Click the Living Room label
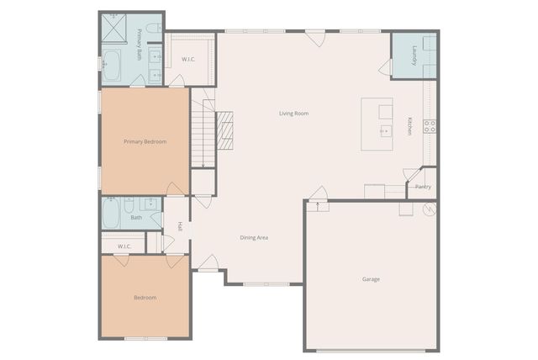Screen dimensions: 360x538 294,113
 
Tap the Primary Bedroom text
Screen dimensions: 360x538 145,141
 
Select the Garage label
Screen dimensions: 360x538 371,279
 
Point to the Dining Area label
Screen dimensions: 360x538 254,238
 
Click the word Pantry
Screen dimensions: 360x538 423,187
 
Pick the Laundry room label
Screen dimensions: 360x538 414,56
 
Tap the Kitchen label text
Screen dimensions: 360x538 409,125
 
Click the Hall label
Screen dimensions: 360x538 180,226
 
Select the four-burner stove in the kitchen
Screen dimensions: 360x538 430,126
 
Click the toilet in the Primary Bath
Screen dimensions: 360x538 152,29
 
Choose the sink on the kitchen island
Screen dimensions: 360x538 384,130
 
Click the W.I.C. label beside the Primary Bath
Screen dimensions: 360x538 188,59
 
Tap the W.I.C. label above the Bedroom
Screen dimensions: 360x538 124,246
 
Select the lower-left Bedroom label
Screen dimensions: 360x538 145,298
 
